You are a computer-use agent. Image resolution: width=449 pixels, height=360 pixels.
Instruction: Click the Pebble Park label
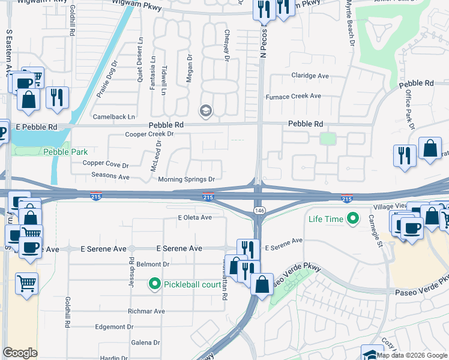65,152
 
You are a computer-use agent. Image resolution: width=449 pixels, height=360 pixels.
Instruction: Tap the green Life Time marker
353,218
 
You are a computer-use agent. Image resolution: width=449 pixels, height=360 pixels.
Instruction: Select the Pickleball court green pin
155,284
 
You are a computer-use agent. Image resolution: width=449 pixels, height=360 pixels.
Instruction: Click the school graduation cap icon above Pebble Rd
205,110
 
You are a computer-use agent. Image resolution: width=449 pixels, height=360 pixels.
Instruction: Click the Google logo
20,353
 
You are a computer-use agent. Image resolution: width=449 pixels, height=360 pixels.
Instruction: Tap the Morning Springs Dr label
186,179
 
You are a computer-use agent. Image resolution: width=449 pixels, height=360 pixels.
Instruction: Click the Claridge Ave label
310,76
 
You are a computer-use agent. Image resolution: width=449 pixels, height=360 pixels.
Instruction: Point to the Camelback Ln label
113,116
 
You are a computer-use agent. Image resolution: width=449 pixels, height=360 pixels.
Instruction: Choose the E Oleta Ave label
194,217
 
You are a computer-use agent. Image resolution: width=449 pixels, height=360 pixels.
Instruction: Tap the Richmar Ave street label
146,311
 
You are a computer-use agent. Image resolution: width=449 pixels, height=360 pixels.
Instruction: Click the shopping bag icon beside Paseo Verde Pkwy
262,284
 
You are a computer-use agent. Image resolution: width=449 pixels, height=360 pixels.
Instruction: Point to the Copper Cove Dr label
106,164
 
